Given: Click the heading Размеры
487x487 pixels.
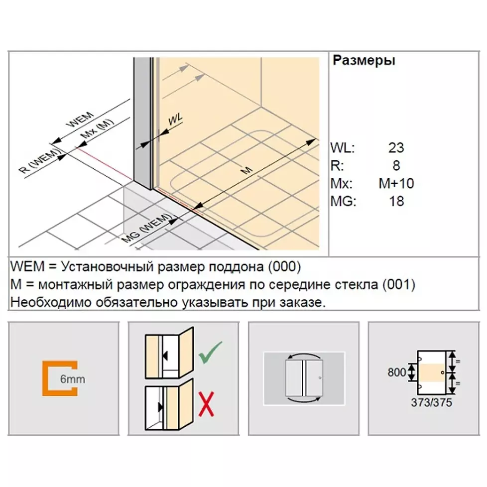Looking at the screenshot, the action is [x=364, y=61].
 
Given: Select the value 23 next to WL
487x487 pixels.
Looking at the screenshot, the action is [x=396, y=147].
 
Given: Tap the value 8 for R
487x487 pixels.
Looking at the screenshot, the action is [x=396, y=165].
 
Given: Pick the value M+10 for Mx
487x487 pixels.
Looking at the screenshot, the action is [x=396, y=184].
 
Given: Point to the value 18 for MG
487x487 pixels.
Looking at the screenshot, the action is [x=396, y=201].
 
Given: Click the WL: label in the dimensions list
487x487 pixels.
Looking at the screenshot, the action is [x=342, y=147].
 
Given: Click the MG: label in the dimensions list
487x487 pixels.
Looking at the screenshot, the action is [x=343, y=201].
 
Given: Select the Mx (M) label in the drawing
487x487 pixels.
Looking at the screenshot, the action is [x=97, y=129].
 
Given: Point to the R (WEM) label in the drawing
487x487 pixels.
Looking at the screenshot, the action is [x=40, y=161].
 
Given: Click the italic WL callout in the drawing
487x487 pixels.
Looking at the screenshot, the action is [x=175, y=120].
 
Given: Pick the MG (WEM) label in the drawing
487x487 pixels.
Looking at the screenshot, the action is [x=146, y=229].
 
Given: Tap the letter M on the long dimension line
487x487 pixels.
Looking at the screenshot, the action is [x=247, y=170].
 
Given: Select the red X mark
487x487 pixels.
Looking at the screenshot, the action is [x=207, y=404].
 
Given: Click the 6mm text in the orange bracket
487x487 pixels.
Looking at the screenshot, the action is [x=72, y=379].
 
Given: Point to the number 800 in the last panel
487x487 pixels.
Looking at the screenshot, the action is [x=396, y=372].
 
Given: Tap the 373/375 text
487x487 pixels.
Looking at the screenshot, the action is [x=431, y=402].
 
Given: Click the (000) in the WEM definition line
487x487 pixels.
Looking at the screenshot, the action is [x=284, y=267].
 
